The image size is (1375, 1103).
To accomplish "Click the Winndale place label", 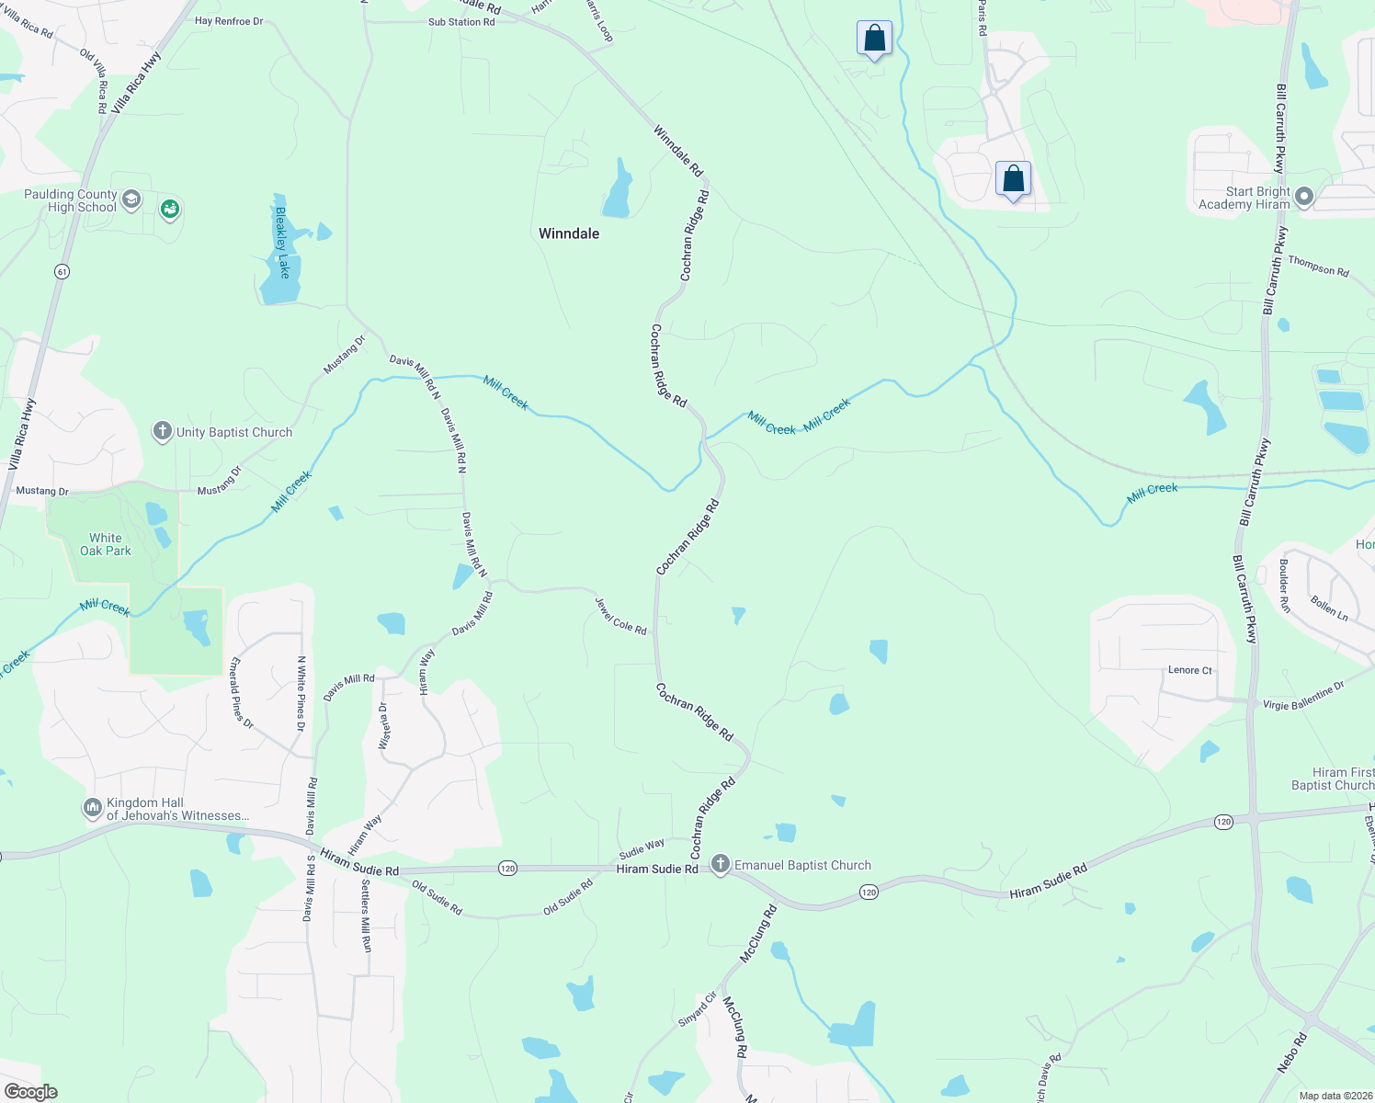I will [x=568, y=233].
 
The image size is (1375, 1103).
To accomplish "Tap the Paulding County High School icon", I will [x=131, y=199].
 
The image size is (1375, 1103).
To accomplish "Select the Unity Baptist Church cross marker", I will [x=163, y=431].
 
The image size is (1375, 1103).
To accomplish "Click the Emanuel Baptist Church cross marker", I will [x=721, y=864].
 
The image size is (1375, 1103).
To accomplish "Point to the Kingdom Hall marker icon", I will [x=92, y=808].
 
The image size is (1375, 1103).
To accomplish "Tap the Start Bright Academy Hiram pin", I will [x=1303, y=197].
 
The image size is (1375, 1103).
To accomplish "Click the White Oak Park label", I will [x=106, y=544].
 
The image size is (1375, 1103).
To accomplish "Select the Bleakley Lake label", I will [x=283, y=242].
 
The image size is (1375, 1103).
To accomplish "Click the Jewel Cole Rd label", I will [x=620, y=616].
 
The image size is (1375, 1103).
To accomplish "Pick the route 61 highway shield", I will [x=62, y=271].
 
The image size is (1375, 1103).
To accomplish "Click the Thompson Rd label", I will [x=1318, y=267].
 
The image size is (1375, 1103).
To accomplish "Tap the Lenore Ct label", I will [x=1189, y=670].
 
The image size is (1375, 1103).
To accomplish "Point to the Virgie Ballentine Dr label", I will [x=1303, y=696].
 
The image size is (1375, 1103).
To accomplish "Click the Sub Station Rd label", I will [x=461, y=22].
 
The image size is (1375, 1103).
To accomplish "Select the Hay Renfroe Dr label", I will [x=229, y=21].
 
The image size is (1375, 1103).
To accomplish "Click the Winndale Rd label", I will [x=678, y=151].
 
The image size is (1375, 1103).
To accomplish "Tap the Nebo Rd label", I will [x=1291, y=1053].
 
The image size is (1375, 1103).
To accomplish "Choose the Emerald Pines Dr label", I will [x=242, y=693].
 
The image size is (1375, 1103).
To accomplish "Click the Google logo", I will [x=30, y=1091].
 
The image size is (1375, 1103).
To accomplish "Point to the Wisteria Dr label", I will [x=384, y=726].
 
